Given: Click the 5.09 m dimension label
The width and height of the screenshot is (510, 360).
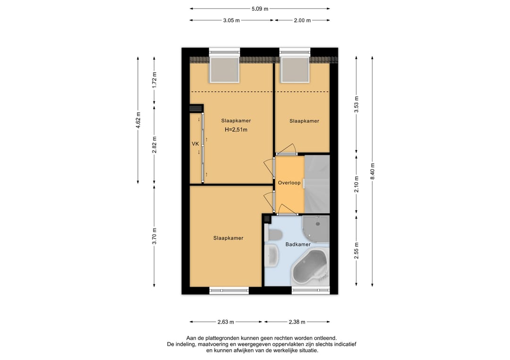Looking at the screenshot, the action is click(x=260, y=9).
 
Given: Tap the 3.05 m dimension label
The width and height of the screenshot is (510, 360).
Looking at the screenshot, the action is click(x=231, y=20).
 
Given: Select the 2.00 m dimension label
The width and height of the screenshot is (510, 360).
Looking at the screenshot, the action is click(x=302, y=20).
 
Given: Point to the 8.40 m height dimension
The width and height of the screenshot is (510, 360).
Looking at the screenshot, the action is click(x=373, y=171).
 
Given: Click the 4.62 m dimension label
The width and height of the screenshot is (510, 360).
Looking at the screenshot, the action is click(x=138, y=120).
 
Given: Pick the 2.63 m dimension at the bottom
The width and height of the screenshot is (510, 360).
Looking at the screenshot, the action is click(x=226, y=322).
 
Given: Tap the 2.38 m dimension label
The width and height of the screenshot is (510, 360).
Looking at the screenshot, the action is click(x=297, y=322).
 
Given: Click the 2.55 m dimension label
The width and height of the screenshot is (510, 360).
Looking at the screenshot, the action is click(x=357, y=251).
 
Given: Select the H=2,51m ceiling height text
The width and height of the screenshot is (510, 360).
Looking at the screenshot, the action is click(x=236, y=130).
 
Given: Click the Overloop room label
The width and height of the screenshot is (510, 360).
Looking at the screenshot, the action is click(x=289, y=183).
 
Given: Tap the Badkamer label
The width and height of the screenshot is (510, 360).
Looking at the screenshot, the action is click(x=298, y=244).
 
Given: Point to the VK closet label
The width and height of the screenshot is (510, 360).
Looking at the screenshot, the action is click(x=195, y=143).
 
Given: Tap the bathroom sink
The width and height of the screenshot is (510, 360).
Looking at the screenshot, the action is click(x=272, y=256).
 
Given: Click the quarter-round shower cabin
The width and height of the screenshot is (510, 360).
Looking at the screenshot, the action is click(x=316, y=229).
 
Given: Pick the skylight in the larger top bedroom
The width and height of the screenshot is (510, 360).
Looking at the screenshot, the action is click(x=224, y=69).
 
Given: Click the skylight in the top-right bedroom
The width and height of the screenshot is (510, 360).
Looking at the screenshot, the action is click(x=295, y=69).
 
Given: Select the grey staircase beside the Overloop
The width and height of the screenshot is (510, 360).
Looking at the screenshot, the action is click(x=317, y=184).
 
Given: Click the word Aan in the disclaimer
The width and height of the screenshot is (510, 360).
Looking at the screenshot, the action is click(x=191, y=338).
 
